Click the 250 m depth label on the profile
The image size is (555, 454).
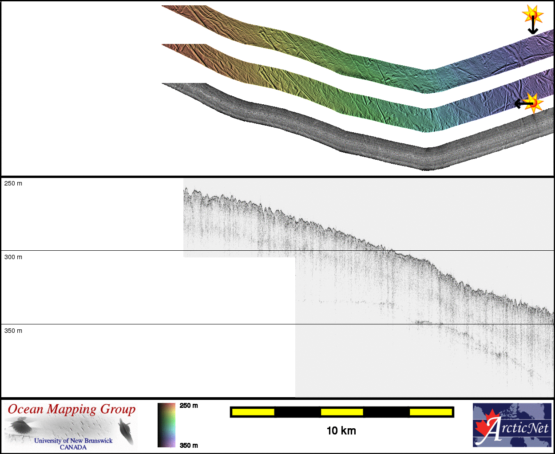click(x=13, y=183)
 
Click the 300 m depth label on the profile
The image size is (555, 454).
click(x=13, y=257)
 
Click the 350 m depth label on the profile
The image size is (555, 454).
click(x=13, y=331)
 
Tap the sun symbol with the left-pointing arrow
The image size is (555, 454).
click(x=534, y=103)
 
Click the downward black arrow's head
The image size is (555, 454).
click(x=533, y=32)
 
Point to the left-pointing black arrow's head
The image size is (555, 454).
click(x=517, y=103)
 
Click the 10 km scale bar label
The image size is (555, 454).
click(x=341, y=431)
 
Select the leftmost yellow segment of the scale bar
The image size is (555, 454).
click(x=253, y=412)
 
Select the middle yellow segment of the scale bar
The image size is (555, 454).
click(x=342, y=412)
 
